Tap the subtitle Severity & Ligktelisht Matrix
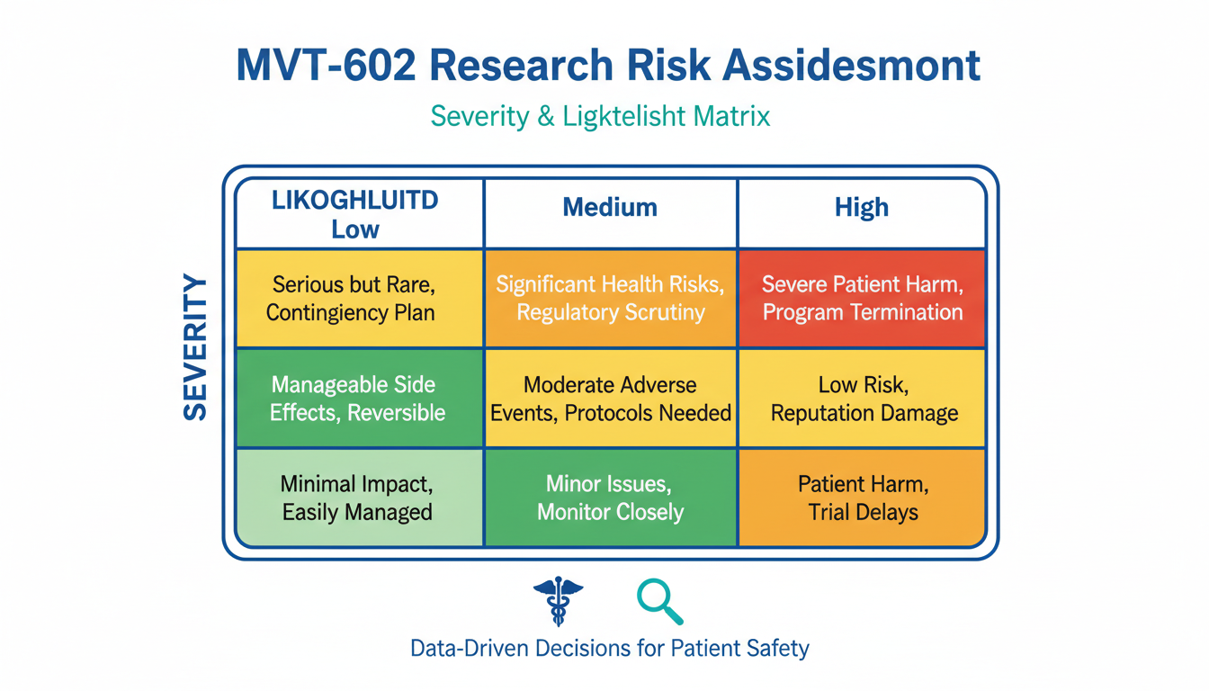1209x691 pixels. coord(600,116)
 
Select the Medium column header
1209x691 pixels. coord(610,208)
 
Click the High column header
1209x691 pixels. coord(861,208)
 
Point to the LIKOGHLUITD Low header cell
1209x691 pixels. coord(355,214)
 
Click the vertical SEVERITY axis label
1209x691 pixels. coord(195,349)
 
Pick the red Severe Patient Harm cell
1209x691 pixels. coord(862,299)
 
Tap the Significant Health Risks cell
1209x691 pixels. coord(610,299)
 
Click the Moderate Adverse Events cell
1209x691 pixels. coord(610,399)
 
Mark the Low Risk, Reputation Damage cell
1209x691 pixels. coord(862,399)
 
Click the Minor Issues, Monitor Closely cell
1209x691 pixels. coord(610,498)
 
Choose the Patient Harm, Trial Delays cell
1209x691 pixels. coord(862,498)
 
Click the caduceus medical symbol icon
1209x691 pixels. coord(558,601)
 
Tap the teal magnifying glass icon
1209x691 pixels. coord(659,601)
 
